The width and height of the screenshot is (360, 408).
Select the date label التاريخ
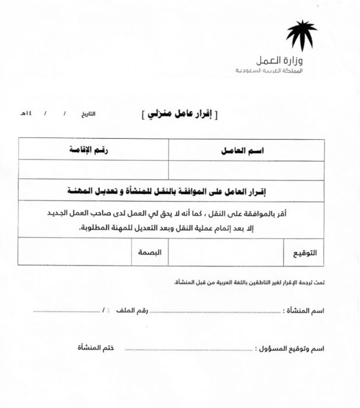88,113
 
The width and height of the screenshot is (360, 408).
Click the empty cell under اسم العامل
246,170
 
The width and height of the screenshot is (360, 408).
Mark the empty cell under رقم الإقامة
93,170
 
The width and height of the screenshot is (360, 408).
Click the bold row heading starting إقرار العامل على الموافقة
176,191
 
